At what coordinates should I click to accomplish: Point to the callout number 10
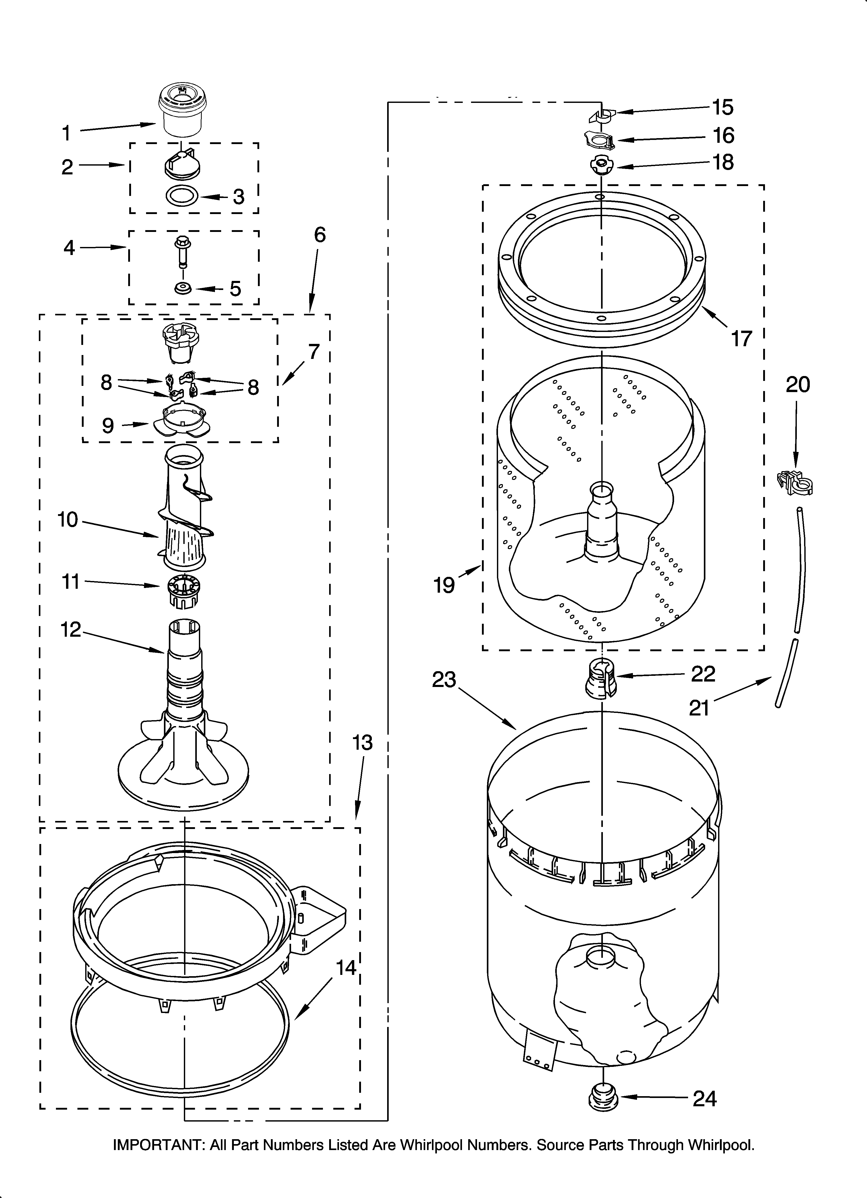pyautogui.click(x=68, y=520)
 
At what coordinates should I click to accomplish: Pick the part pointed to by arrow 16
pyautogui.click(x=599, y=140)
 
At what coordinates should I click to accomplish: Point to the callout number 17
pyautogui.click(x=741, y=338)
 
